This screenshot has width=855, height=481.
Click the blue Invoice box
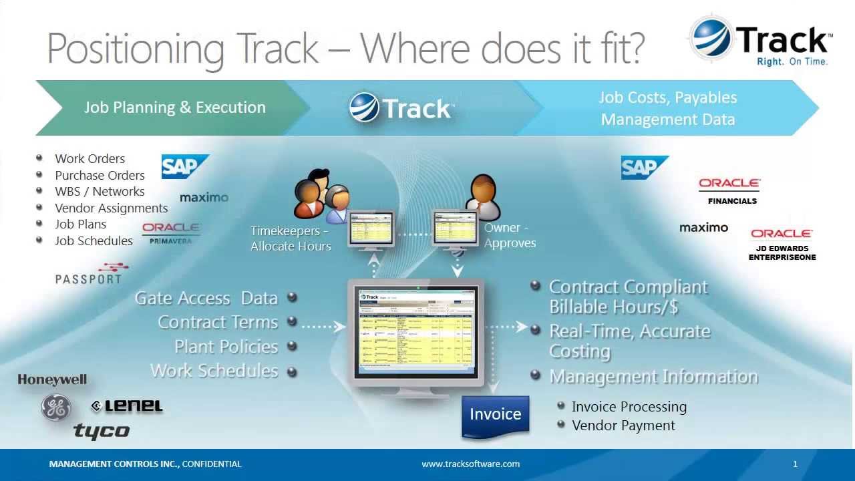point(495,415)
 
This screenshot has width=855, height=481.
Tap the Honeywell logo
point(52,379)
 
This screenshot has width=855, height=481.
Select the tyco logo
point(102,431)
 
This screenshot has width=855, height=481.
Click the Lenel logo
point(127,406)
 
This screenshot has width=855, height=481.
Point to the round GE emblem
point(56,407)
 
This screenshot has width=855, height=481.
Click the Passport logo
point(91,275)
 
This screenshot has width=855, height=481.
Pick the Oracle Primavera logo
point(171,233)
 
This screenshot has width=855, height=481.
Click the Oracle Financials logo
point(730,190)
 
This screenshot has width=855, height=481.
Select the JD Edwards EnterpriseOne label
point(782,253)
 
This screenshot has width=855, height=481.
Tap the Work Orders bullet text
point(90,159)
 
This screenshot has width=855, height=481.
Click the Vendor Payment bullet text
point(623,426)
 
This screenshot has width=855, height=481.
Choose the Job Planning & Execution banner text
point(175,108)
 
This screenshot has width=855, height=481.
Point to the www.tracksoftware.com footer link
point(470,464)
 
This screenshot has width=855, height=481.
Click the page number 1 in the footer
point(795,464)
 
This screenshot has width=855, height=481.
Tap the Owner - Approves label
point(510,236)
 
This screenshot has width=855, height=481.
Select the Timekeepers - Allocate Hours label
point(291,238)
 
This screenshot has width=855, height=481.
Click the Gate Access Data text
point(206,298)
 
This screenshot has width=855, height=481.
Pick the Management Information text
point(653,377)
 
